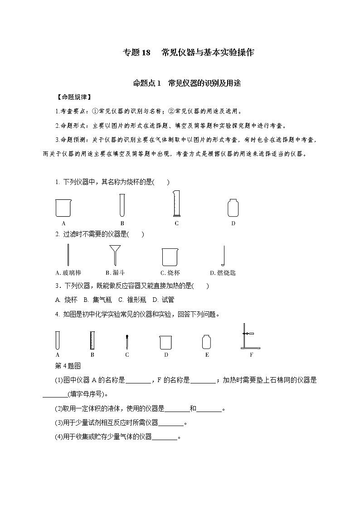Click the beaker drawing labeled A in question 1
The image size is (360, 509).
[x=63, y=208]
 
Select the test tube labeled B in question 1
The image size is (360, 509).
[x=122, y=205]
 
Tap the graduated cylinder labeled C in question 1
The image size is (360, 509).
[x=176, y=204]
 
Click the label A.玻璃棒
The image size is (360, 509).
[x=68, y=273]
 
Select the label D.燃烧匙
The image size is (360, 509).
[x=223, y=273]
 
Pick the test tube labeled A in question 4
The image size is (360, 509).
[x=58, y=340]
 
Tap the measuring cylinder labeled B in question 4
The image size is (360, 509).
[x=92, y=340]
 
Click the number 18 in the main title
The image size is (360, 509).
[x=146, y=53]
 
